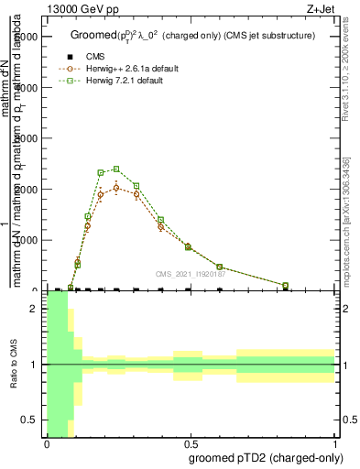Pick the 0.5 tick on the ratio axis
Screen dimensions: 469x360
point(35,420)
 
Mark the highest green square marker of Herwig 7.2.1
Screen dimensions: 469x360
point(116,169)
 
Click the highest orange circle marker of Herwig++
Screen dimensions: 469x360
point(116,187)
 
